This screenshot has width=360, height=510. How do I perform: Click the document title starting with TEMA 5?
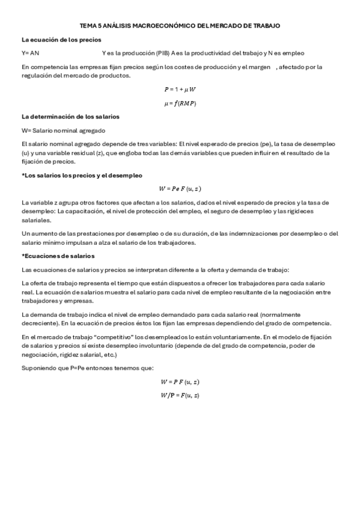click(180, 26)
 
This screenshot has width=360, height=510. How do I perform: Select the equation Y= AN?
click(30, 53)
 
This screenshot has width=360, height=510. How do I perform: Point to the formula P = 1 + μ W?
click(180, 89)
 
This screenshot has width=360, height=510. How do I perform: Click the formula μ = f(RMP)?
click(180, 103)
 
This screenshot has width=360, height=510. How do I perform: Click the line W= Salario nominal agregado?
click(63, 130)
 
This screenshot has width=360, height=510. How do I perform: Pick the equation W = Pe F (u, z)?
click(180, 188)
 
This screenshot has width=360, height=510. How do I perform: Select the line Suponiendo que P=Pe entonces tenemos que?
click(88, 367)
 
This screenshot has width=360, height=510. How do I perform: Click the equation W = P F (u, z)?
click(180, 381)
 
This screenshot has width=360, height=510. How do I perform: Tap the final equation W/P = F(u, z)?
click(180, 395)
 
